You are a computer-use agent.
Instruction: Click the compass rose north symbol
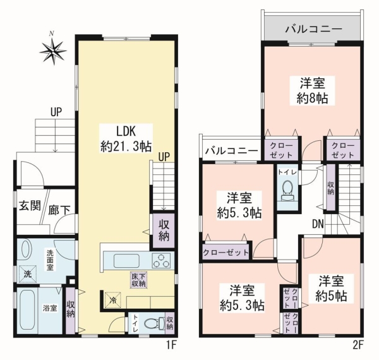tap(52, 51)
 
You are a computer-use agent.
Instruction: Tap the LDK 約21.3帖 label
tap(126, 138)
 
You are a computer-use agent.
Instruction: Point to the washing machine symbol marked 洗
tap(28, 273)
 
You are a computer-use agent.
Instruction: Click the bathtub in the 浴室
tap(28, 309)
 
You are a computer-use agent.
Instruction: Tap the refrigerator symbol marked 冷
tap(112, 300)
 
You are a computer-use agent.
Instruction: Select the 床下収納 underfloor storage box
tap(139, 280)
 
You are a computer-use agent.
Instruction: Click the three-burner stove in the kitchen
tap(160, 261)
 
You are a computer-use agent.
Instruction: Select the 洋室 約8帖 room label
tap(312, 90)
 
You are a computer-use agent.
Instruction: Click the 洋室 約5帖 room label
tap(331, 288)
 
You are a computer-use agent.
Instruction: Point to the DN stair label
tap(318, 224)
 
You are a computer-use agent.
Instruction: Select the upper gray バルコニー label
tap(314, 29)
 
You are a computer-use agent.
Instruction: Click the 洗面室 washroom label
tap(50, 260)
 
